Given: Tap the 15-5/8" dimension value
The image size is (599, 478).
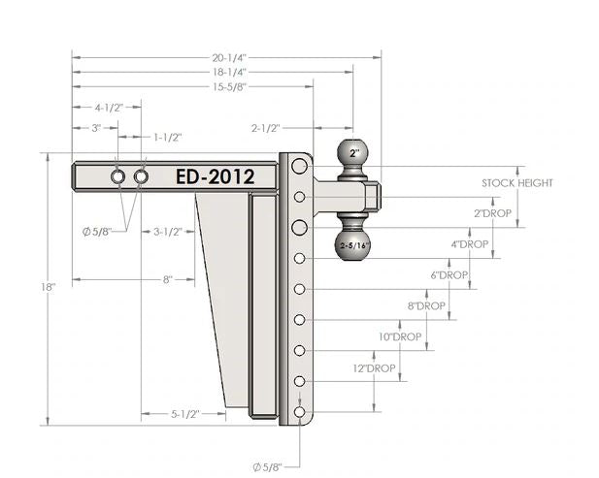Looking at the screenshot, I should tap(192, 86).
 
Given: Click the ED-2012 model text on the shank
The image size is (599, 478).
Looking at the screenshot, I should tap(216, 176).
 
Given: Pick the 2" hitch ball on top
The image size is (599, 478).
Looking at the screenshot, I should tap(354, 153).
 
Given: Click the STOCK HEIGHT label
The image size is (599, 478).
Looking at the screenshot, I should tap(516, 182).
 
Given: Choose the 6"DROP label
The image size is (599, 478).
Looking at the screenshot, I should tap(449, 275).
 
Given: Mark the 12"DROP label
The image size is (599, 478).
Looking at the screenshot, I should tap(374, 368).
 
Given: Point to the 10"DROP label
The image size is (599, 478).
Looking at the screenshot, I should tap(399, 336).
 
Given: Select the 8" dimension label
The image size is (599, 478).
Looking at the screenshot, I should tap(167, 279).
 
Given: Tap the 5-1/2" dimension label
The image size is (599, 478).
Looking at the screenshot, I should tap(184, 414).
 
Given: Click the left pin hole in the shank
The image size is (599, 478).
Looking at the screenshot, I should tap(118, 177).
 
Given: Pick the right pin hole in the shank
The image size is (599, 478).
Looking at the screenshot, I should tap(142, 177).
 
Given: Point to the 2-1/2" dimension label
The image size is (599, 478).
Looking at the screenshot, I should tap(265, 127).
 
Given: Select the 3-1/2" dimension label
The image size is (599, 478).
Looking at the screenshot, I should tap(169, 232).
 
